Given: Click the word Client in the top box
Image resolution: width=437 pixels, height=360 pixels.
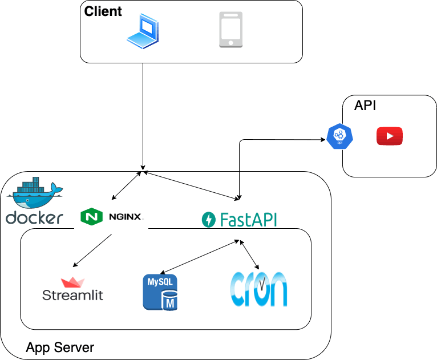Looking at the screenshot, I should [103, 11].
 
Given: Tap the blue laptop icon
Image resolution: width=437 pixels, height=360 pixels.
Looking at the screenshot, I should [143, 30].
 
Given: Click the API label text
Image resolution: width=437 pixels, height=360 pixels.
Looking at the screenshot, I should [365, 106].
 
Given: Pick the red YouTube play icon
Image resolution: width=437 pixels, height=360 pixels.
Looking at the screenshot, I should [390, 136].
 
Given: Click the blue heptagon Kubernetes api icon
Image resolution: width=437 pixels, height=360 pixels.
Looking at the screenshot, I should [339, 136].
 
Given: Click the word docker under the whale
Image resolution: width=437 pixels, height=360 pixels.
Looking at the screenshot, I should [34, 217].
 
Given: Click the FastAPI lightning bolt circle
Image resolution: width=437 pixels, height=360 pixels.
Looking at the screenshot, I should [209, 219].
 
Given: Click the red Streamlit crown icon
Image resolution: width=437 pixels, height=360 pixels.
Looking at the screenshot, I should [72, 282].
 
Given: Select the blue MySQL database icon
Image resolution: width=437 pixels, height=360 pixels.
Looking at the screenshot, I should [160, 292].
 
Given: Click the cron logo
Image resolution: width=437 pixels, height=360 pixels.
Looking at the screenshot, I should [258, 289].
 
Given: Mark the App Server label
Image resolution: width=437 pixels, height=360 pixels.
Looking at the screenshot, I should [60, 347].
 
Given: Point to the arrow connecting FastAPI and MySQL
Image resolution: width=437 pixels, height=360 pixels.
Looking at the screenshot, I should [200, 256].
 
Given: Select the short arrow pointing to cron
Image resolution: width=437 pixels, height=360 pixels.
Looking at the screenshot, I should [250, 254].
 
